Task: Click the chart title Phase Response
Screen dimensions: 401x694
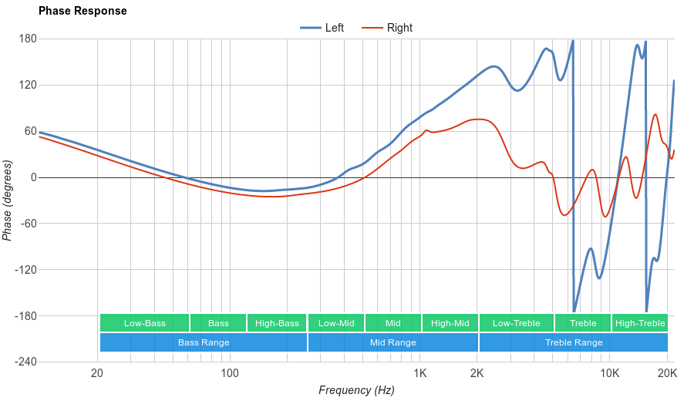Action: [83, 12]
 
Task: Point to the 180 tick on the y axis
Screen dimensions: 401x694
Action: [28, 39]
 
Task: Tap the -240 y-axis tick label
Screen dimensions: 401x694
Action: [25, 362]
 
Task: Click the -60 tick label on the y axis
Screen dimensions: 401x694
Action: [28, 224]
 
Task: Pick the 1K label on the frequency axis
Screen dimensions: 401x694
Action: [419, 374]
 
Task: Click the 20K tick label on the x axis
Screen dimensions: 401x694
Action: [667, 374]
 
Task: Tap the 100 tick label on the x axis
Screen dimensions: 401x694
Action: [229, 374]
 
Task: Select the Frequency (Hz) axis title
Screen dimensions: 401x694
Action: [356, 390]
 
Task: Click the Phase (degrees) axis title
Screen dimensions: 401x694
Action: [8, 200]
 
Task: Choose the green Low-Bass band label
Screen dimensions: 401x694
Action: [144, 323]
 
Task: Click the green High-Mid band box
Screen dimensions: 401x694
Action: [450, 323]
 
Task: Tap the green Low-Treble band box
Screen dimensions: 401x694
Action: [516, 323]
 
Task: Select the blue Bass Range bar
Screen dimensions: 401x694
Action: [204, 342]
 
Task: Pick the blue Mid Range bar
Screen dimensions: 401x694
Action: [392, 342]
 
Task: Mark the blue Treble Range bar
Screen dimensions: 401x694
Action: [574, 342]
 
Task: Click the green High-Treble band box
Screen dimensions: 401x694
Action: [640, 323]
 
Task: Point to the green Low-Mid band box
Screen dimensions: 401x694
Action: [336, 323]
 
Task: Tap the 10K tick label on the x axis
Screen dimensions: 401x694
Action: [610, 374]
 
